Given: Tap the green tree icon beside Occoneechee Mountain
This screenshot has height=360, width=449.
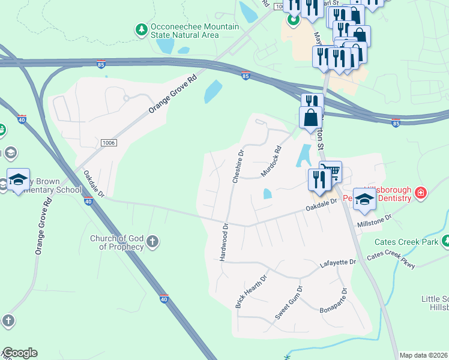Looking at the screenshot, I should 141,29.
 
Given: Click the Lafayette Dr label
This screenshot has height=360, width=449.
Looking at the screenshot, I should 338,263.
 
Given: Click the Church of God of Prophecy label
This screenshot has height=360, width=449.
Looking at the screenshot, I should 117,242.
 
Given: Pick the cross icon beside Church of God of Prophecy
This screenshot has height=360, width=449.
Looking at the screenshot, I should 152,242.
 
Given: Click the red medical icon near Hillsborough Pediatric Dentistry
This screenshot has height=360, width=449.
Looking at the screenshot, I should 421,193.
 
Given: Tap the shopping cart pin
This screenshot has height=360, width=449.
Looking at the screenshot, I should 331,172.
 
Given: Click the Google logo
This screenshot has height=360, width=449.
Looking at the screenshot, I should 20,353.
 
